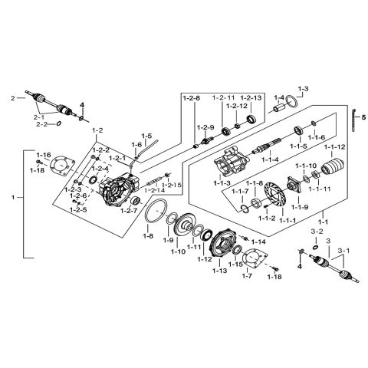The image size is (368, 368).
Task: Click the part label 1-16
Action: coord(44,154)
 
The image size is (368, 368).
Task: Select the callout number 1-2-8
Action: coord(191,98)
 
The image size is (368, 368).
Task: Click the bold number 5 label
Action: coord(363,117)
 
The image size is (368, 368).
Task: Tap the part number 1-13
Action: coord(219,271)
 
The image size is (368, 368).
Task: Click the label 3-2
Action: coord(317,230)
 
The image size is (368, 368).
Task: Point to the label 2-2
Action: coord(41,123)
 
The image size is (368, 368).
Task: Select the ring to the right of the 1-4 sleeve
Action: coord(297,105)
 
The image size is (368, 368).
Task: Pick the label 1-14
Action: coord(258,242)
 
